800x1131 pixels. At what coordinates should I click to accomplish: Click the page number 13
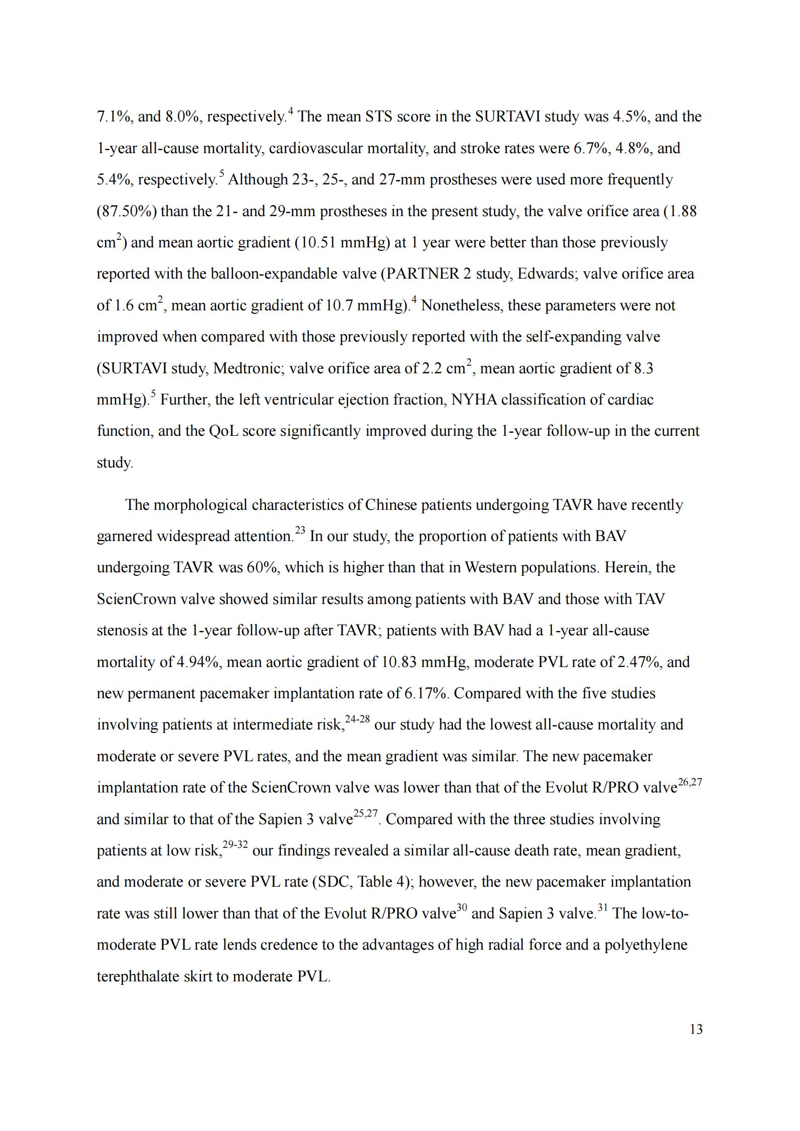click(696, 1029)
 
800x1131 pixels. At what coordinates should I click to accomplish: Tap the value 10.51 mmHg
click(342, 243)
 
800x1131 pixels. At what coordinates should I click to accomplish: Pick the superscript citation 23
click(300, 531)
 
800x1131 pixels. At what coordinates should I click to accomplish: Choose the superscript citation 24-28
click(357, 719)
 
